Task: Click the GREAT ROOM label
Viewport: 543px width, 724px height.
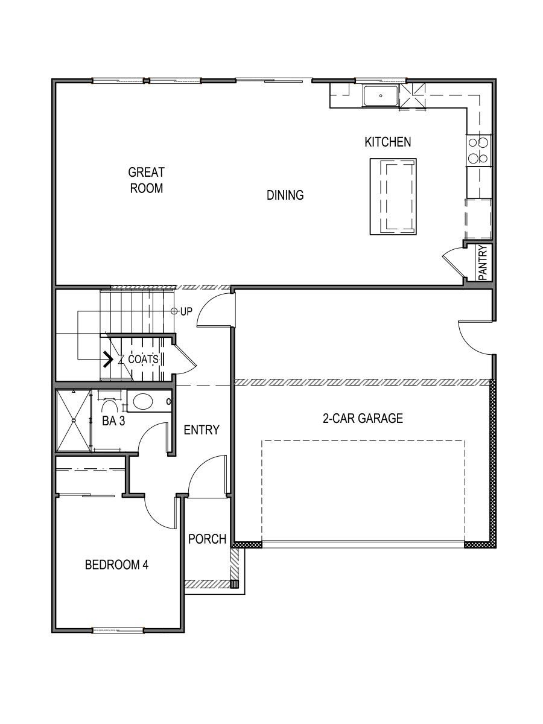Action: tap(146, 180)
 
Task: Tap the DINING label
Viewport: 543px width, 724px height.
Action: tap(285, 195)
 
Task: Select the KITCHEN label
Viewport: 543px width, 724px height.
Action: tap(387, 142)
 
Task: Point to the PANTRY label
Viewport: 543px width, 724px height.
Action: tap(483, 262)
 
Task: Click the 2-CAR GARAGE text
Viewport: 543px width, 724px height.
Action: tap(363, 418)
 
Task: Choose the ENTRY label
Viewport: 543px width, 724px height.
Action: tap(201, 430)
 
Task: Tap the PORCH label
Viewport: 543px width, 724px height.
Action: tap(207, 539)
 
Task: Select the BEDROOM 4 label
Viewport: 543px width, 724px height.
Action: tap(116, 565)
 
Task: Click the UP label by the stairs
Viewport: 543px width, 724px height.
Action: tap(186, 312)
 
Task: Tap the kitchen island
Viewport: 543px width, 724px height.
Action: tap(393, 196)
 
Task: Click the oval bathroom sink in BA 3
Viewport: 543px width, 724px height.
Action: tap(144, 401)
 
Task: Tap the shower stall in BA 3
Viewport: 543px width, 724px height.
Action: tap(72, 421)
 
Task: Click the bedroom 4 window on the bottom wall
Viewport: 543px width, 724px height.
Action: tap(118, 630)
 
